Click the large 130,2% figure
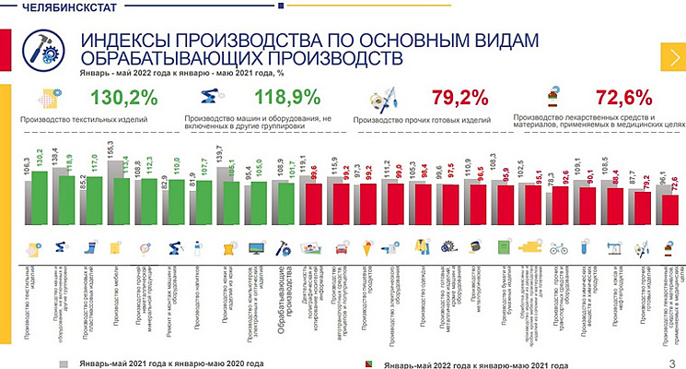125,97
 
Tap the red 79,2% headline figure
459,97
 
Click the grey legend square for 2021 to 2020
64,363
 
